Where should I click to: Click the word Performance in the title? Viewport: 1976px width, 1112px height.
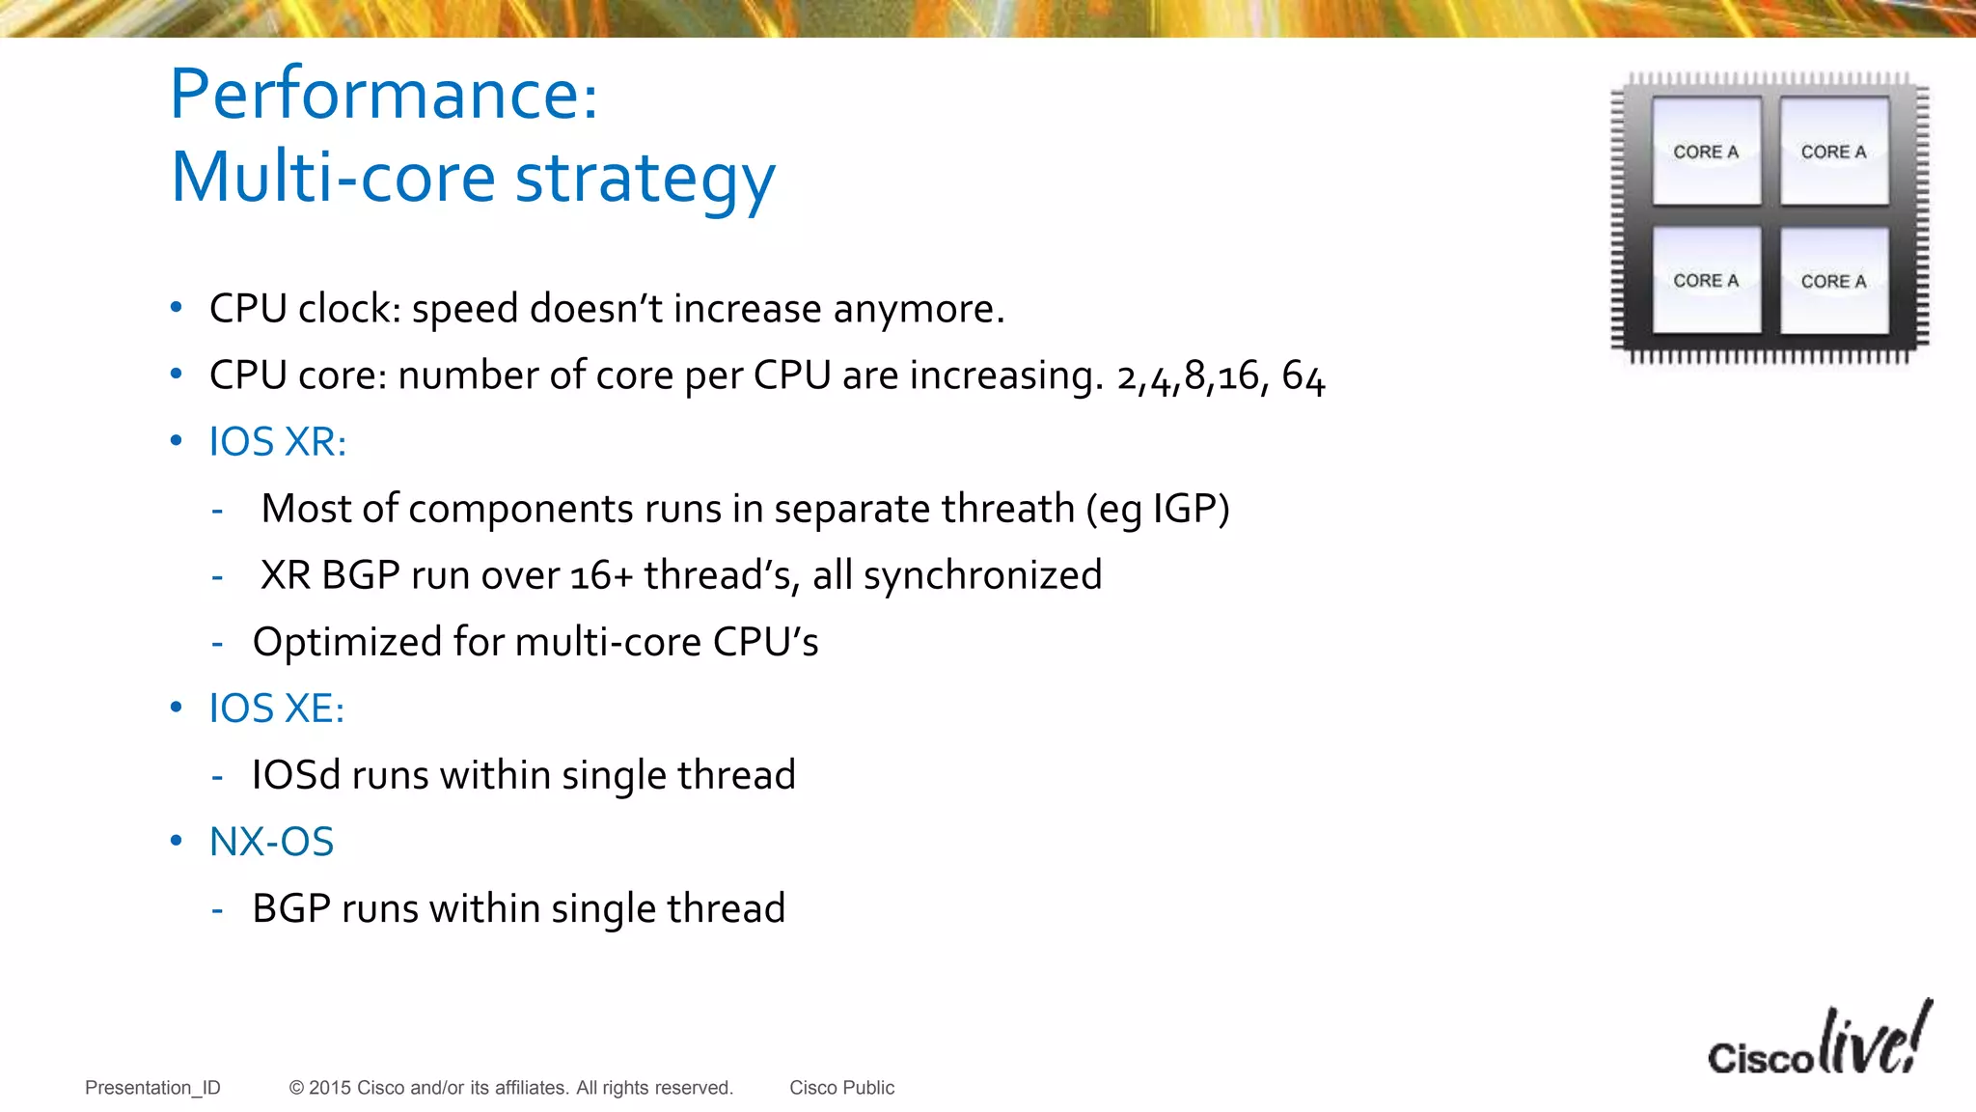coord(383,95)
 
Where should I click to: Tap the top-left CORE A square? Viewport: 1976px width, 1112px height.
coord(1706,152)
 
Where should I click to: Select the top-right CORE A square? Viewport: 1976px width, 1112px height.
coord(1833,152)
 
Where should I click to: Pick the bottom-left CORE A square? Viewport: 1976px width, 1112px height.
coord(1706,281)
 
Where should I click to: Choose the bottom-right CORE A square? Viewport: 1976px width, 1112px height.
coord(1833,281)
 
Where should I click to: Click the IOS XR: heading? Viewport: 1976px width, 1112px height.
coord(277,442)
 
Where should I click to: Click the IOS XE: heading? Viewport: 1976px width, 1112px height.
coord(276,709)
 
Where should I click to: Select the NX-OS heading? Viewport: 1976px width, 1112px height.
coord(271,842)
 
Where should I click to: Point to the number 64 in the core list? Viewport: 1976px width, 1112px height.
coord(1303,376)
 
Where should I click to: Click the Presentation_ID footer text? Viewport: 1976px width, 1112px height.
coord(152,1088)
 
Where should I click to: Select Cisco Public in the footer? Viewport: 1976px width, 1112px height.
coord(841,1088)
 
